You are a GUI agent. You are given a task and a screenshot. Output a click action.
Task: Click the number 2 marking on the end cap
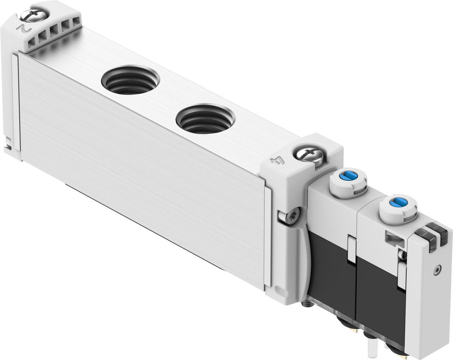22,27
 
